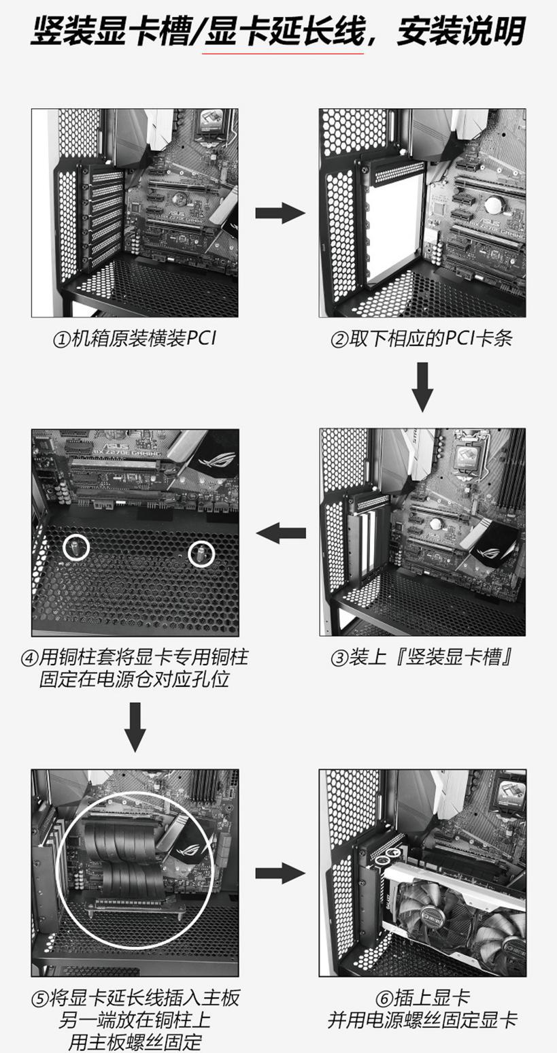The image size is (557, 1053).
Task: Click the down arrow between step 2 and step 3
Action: (422, 386)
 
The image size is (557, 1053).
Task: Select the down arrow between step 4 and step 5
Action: (135, 726)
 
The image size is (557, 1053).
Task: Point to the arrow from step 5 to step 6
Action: (280, 873)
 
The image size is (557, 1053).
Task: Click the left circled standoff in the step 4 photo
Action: (76, 547)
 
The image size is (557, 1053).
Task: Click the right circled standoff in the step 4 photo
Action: (201, 554)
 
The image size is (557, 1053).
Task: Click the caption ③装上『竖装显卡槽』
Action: (422, 658)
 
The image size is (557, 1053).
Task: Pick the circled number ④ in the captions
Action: (30, 658)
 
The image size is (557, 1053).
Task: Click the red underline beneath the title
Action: (285, 52)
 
